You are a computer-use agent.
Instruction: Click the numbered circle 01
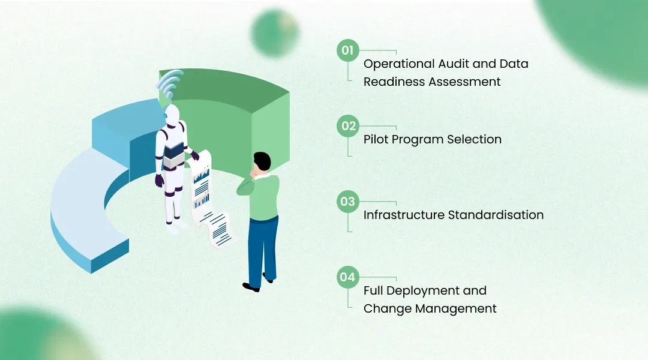pyautogui.click(x=348, y=50)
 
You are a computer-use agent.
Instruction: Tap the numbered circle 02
pyautogui.click(x=348, y=126)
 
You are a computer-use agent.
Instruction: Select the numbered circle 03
pyautogui.click(x=348, y=202)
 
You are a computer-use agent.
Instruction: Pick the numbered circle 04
pyautogui.click(x=348, y=277)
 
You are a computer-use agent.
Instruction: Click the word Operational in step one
pyautogui.click(x=399, y=64)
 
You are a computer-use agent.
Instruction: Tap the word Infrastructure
pyautogui.click(x=404, y=215)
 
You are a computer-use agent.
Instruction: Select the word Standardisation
pyautogui.click(x=496, y=215)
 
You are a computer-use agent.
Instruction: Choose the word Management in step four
pyautogui.click(x=456, y=309)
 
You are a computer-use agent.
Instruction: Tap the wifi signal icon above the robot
pyautogui.click(x=169, y=84)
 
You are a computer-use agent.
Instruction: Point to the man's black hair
pyautogui.click(x=262, y=160)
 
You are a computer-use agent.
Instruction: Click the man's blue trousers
pyautogui.click(x=262, y=250)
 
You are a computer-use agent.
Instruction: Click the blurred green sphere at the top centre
pyautogui.click(x=275, y=32)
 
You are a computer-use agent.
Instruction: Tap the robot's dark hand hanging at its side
pyautogui.click(x=159, y=181)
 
